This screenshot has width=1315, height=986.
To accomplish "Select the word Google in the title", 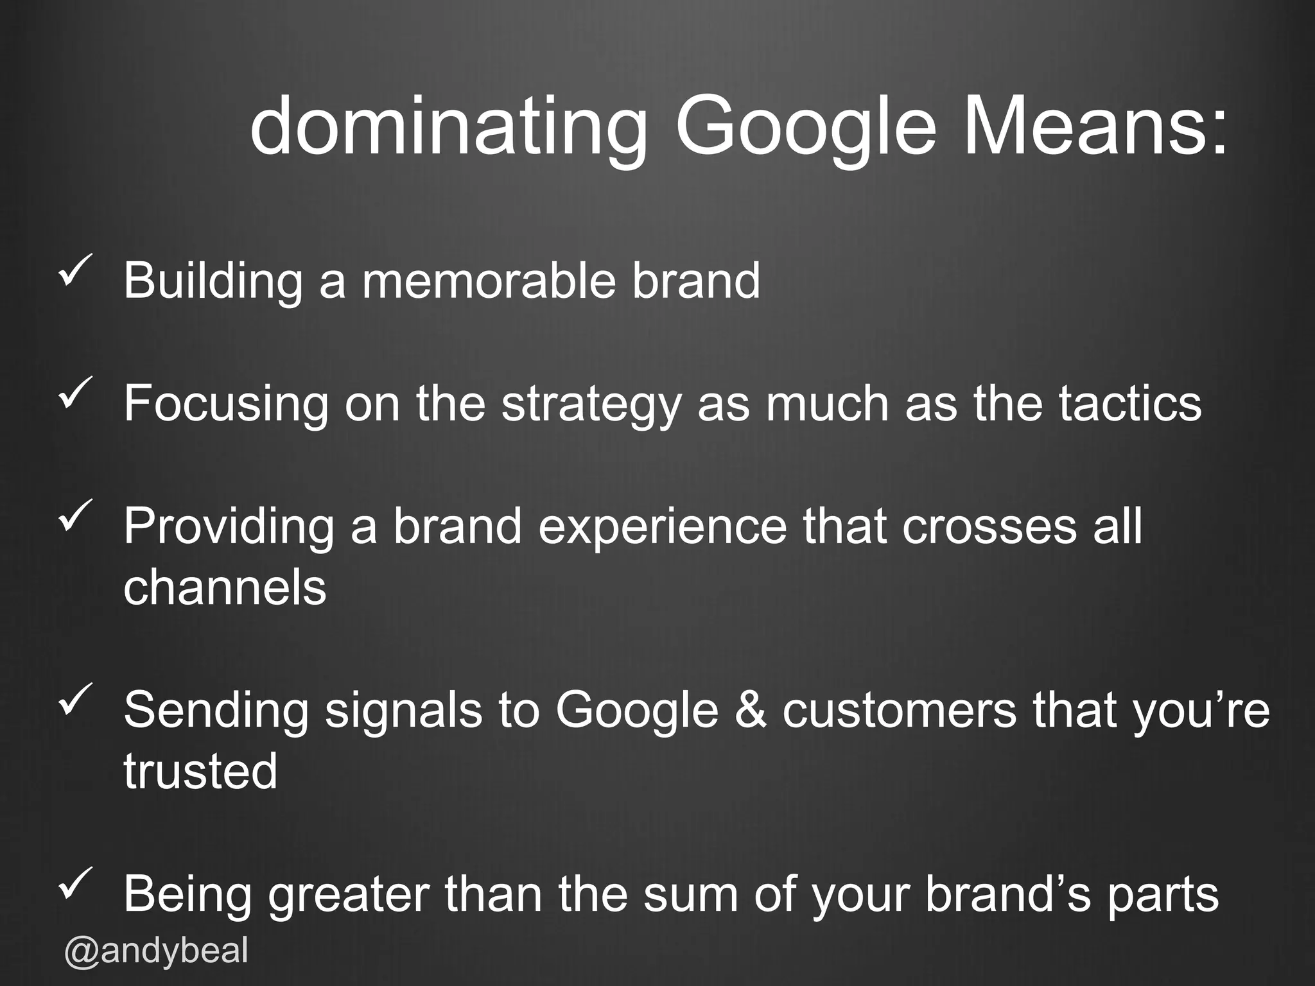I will pos(805,126).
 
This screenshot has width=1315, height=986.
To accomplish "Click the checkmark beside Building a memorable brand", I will pos(76,270).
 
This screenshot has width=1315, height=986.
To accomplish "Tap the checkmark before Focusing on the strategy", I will pos(76,392).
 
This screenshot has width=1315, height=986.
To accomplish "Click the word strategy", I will pos(590,404).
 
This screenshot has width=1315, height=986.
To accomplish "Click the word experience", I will pos(663,526).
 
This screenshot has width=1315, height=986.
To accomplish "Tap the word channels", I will pos(225,587).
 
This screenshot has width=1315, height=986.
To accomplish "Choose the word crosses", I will pos(989,526).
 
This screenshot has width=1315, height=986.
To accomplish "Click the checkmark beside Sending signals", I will pos(76,698).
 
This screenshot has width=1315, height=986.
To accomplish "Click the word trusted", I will pos(200,770).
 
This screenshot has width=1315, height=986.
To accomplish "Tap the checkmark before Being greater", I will pos(76,882).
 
